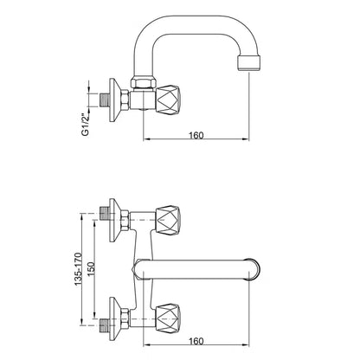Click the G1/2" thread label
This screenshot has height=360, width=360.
(x=85, y=125)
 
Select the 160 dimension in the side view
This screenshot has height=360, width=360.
(x=196, y=135)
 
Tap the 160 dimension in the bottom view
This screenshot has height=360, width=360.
(x=196, y=341)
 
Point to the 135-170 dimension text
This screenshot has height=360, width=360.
(x=79, y=269)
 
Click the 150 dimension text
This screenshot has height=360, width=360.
(x=91, y=269)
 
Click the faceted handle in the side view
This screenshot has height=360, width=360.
(x=169, y=100)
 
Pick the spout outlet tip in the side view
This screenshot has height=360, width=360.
(x=249, y=63)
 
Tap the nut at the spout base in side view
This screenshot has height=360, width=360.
(x=144, y=81)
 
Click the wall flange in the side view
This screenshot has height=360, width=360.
(x=115, y=100)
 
